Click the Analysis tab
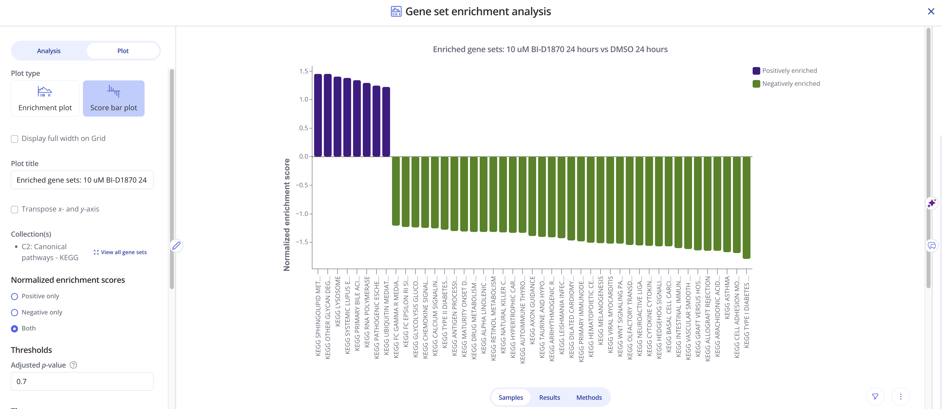click(49, 51)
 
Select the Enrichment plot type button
click(45, 98)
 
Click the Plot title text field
click(82, 180)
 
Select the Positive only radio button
click(15, 297)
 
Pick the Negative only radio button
click(15, 312)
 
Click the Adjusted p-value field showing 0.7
click(82, 381)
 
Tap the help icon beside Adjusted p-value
click(74, 365)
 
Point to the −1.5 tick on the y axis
click(304, 242)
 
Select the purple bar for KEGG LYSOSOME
click(337, 117)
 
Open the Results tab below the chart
click(549, 397)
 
